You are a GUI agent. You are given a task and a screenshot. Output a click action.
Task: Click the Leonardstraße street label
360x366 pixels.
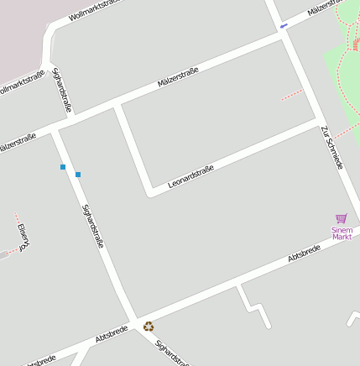coord(190,176)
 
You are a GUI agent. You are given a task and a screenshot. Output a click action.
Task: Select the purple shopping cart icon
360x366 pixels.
coord(341,218)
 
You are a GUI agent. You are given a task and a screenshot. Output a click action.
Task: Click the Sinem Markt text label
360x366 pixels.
coord(342,233)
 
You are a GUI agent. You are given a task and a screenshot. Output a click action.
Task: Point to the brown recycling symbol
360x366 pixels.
coord(149,326)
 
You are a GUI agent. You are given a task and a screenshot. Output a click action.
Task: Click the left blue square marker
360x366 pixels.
coord(63,167)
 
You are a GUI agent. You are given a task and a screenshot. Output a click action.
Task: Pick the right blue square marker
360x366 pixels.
coord(78,175)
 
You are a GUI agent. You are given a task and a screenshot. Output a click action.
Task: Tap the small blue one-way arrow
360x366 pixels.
coord(284,26)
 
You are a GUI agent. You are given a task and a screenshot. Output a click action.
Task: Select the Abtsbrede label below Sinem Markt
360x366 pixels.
coord(304,254)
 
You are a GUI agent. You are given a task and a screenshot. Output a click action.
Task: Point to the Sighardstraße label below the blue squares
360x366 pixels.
coord(92,226)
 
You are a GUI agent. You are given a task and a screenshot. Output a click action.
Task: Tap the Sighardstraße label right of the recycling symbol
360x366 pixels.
coord(172,354)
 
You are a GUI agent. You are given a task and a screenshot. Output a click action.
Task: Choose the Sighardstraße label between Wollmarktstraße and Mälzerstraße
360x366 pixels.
coord(60,90)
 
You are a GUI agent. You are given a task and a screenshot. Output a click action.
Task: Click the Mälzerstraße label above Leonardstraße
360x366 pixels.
coord(178,79)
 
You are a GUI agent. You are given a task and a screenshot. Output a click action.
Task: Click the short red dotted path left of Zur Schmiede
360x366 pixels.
coord(291,96)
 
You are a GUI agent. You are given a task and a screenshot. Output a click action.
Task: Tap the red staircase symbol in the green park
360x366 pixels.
coord(356,44)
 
